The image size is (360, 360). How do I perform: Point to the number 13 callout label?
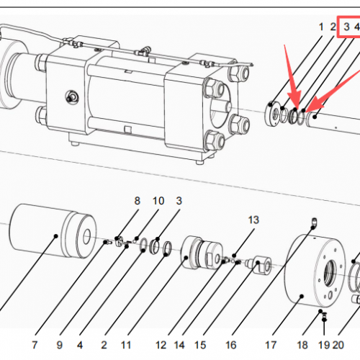pyautogui.click(x=253, y=219)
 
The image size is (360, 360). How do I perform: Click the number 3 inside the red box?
pyautogui.click(x=346, y=27)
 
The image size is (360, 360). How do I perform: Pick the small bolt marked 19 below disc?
pyautogui.click(x=325, y=316)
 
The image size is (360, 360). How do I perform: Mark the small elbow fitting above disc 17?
pyautogui.click(x=314, y=220)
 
